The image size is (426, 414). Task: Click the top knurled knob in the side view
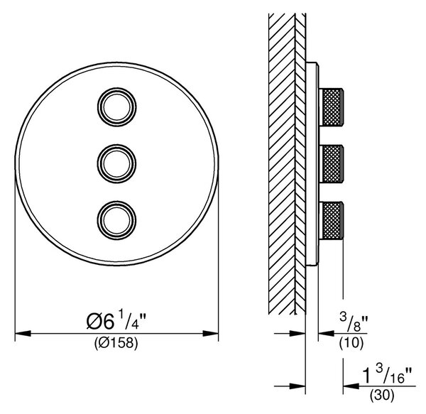[332, 107]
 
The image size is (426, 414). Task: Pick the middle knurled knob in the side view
[332, 163]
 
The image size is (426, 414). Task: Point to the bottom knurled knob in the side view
[332, 220]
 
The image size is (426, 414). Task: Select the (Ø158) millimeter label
[116, 344]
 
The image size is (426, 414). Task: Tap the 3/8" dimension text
[354, 323]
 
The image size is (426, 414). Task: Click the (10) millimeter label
[351, 343]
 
